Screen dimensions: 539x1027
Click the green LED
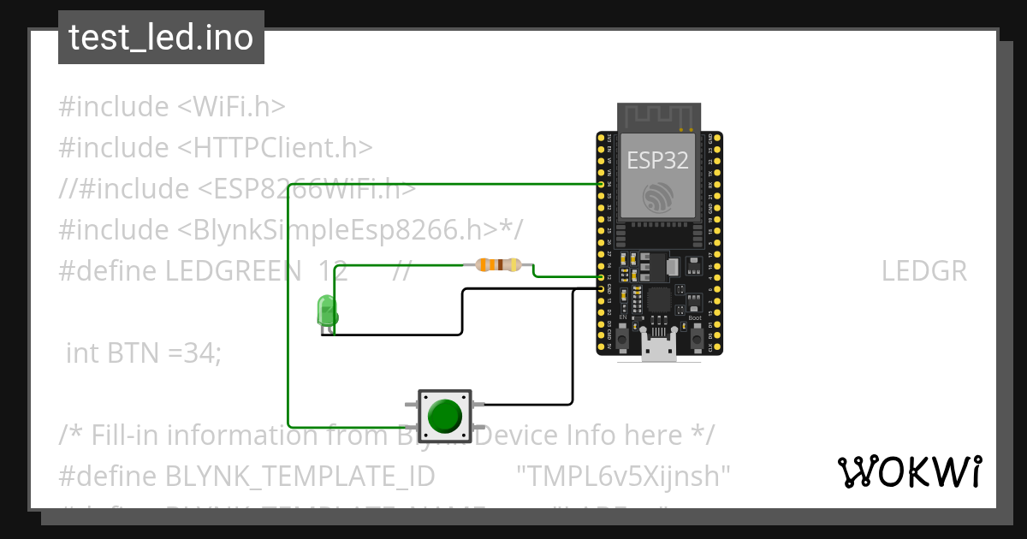click(326, 311)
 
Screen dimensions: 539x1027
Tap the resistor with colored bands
click(497, 265)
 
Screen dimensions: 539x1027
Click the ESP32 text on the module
click(658, 160)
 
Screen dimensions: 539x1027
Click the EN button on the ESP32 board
click(623, 340)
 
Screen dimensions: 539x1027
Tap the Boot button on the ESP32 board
click(696, 340)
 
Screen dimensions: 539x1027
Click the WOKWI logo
click(909, 471)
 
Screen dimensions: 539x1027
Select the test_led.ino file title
click(161, 38)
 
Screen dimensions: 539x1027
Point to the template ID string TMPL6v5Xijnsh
click(624, 475)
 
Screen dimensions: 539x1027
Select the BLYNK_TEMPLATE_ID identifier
click(300, 475)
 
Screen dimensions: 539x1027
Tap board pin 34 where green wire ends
click(601, 184)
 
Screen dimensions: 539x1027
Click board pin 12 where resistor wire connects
click(601, 277)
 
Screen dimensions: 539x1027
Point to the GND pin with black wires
click(601, 289)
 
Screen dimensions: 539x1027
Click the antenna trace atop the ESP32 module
click(658, 115)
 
